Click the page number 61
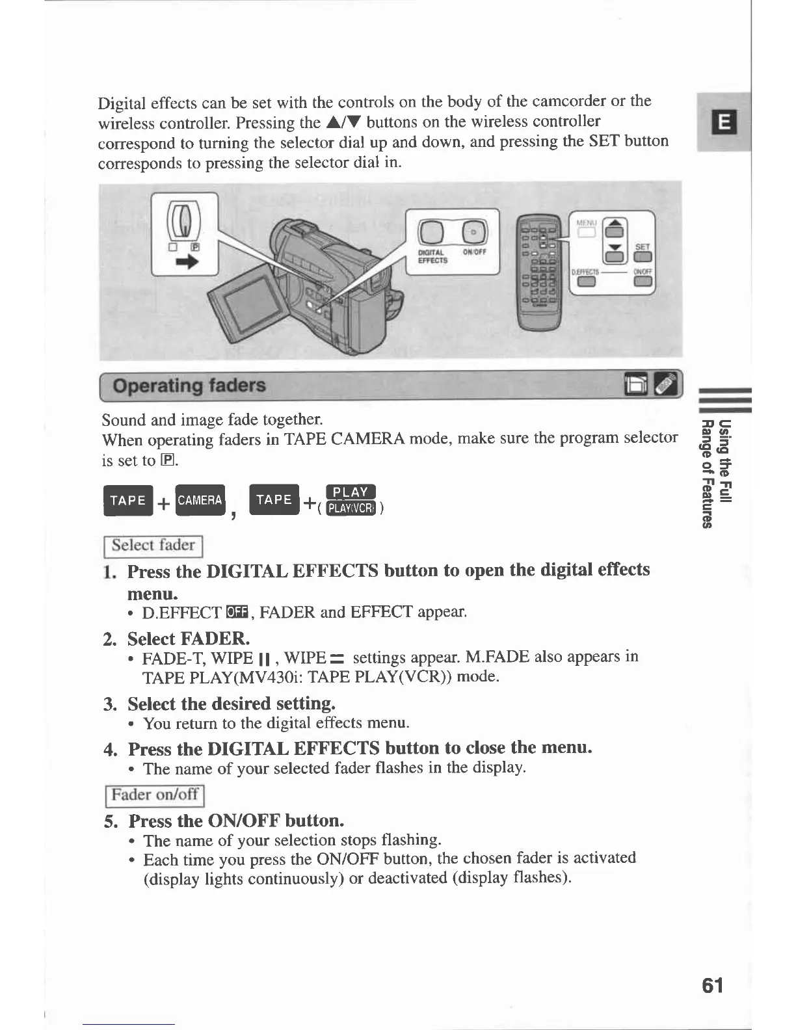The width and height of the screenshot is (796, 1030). coord(712,985)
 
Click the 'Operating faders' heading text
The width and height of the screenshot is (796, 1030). coord(189,386)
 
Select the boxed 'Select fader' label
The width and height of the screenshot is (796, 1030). coord(153,546)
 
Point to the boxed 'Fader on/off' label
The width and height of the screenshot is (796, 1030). coord(155,795)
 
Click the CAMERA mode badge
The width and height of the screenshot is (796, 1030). coord(200,500)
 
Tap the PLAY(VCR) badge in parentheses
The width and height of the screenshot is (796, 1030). coord(351,508)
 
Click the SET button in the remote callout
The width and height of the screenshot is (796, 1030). coord(643,257)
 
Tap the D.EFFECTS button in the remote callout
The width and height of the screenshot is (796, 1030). coord(587,282)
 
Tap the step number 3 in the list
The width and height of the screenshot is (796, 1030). coord(109,704)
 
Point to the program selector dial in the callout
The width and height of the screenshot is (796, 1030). coord(184,219)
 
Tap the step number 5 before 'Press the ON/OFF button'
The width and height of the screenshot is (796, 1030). coord(111,821)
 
